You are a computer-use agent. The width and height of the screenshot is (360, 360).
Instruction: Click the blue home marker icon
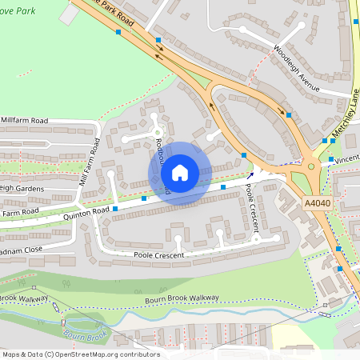179,172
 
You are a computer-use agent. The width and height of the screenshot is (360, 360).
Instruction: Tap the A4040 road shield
318,205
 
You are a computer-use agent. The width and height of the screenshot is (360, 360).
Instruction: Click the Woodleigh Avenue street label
297,65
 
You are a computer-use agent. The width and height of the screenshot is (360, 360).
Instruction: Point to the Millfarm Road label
25,120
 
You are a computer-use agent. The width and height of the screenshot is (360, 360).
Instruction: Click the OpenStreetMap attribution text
81,354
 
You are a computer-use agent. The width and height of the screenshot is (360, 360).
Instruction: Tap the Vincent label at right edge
346,160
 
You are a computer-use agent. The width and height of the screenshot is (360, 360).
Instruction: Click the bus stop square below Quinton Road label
116,209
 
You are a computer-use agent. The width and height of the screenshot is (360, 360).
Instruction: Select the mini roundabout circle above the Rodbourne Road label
158,133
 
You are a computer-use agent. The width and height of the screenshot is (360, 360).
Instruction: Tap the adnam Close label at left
22,249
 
